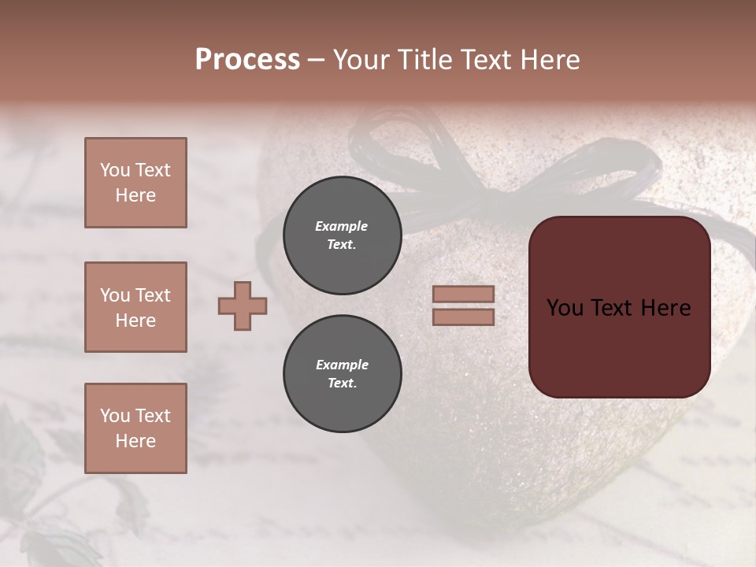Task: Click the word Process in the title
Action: (247, 60)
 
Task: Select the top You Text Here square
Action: (135, 183)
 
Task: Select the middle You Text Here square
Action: (135, 307)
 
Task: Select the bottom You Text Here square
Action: (135, 428)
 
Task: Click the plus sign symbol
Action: (243, 306)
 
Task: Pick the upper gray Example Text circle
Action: (343, 235)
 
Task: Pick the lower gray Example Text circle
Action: (343, 374)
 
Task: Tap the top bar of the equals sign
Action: (463, 295)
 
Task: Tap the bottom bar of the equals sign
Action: (463, 317)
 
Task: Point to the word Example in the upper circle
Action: (342, 226)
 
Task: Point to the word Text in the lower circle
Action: (342, 384)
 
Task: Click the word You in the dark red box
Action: (565, 308)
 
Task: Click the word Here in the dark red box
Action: (665, 308)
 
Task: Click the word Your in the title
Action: (359, 60)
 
